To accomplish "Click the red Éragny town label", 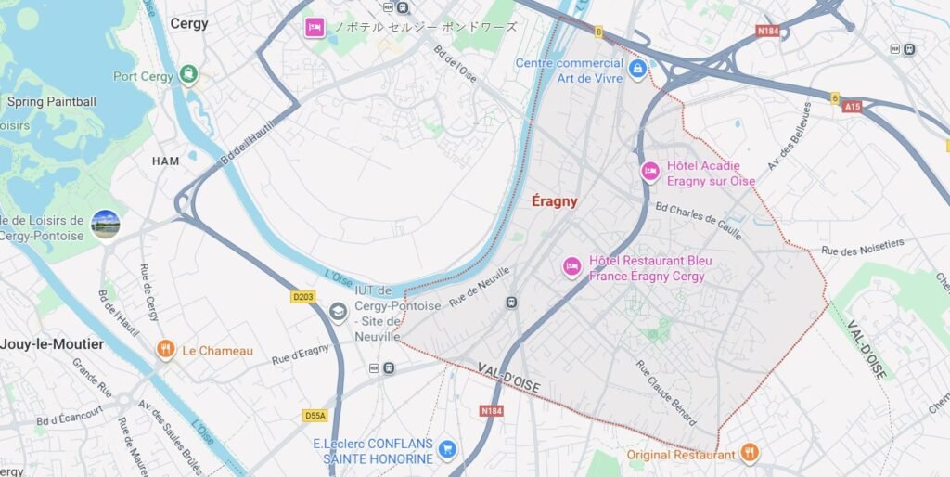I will pos(555,200).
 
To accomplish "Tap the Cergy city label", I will pos(189,23).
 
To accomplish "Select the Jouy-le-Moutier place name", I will pos(51,344).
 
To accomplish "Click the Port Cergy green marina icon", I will pos(189,74).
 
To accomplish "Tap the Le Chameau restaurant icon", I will pos(166,350).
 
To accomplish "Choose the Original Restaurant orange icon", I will pos(750,453).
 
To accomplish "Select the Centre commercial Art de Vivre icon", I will pos(637,69).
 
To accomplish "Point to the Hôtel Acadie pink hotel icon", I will pos(650,171).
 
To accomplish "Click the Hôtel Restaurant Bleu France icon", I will pos(572,267).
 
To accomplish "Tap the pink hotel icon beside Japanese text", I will pos(315,28).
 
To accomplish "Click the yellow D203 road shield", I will pos(303,297).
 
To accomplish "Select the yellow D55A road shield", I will pos(315,416).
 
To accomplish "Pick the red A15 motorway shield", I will pos(852,107).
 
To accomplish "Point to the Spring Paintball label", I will pos(51,101).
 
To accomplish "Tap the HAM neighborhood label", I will pos(165,161).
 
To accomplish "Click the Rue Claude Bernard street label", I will pos(666,391).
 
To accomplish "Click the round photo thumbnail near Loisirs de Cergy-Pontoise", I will pos(106,225).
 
